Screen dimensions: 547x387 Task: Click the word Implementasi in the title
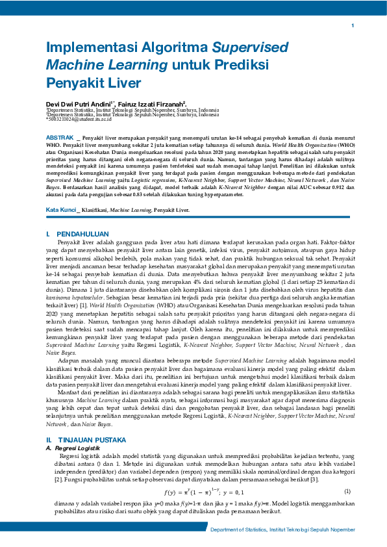88,48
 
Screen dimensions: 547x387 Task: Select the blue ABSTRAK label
60,138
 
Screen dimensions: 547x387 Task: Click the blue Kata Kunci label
60,192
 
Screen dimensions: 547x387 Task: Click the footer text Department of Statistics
239,530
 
